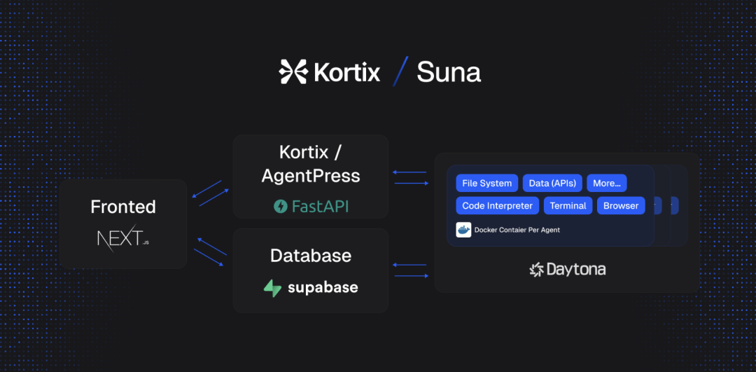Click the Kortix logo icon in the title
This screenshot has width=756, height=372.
[x=293, y=72]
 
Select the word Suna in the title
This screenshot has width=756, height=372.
[x=449, y=72]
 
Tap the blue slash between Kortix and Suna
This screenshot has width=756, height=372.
[x=400, y=71]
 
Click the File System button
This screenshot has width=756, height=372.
[x=487, y=184]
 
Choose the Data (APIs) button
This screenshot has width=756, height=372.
[x=552, y=184]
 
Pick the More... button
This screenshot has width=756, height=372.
[x=606, y=184]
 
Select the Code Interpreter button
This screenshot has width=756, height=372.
[x=498, y=205]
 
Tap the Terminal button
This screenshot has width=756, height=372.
[x=568, y=205]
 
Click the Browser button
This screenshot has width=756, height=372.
[x=621, y=205]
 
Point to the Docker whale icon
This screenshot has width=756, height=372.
[x=463, y=230]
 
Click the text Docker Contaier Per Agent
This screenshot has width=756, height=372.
[x=517, y=230]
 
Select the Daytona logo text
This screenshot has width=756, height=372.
[x=575, y=269]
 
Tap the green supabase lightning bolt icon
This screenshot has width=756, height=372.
[x=272, y=288]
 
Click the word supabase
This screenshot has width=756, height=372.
[x=323, y=288]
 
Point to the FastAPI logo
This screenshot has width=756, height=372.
[x=311, y=207]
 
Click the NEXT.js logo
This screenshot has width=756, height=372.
[x=123, y=237]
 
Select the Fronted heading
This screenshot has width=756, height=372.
[x=123, y=207]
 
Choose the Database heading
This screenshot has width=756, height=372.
[x=311, y=256]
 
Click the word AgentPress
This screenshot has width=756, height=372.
[x=311, y=176]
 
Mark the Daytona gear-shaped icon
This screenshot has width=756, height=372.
[x=537, y=270]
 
